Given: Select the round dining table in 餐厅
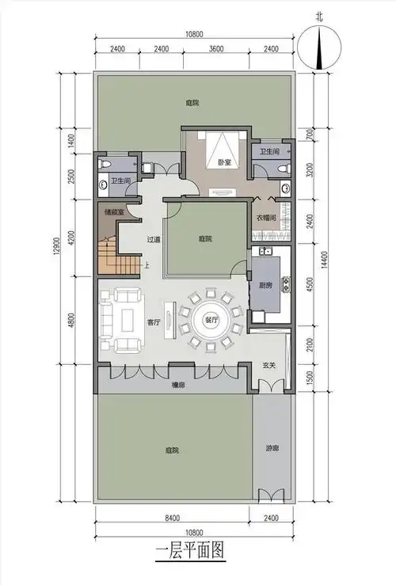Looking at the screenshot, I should coord(210,320).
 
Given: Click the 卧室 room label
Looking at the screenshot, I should coord(224,163).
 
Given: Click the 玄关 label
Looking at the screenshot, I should coord(269,365).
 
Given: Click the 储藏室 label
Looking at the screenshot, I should coord(112,212).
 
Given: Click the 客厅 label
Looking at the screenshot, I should coord(154,322).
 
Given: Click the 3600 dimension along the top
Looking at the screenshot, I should coord(214,49).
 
